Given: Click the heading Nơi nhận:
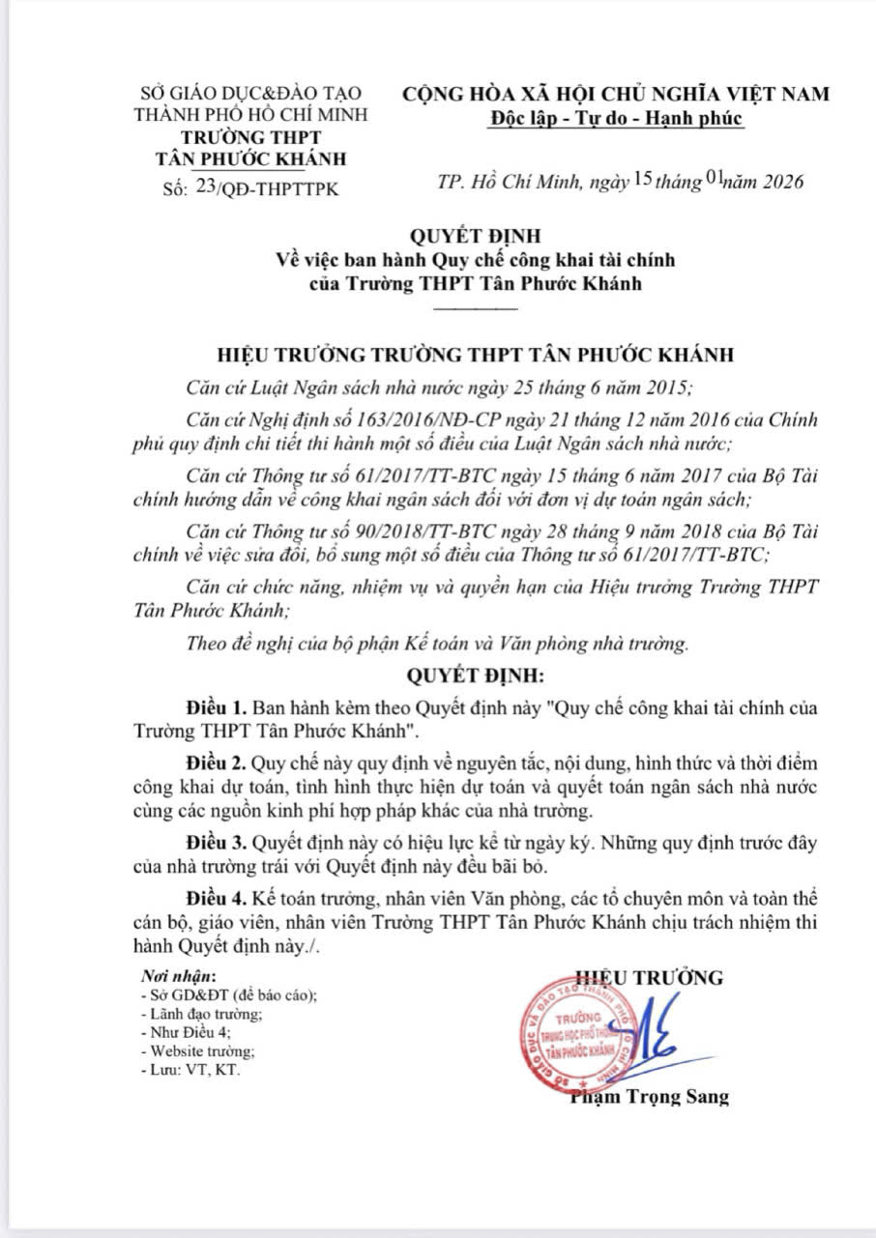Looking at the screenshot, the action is click(179, 976).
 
